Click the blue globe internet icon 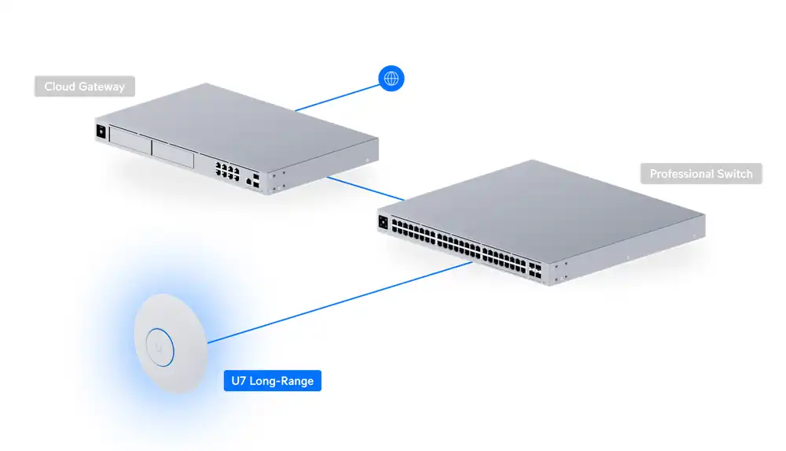391,78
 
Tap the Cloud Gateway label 84,87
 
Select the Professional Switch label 701,174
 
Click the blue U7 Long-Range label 272,382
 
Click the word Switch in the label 735,174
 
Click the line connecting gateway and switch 365,187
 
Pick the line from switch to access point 338,303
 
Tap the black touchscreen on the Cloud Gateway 101,131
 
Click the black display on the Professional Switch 384,221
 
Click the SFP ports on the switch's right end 534,271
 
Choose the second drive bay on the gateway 173,155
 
